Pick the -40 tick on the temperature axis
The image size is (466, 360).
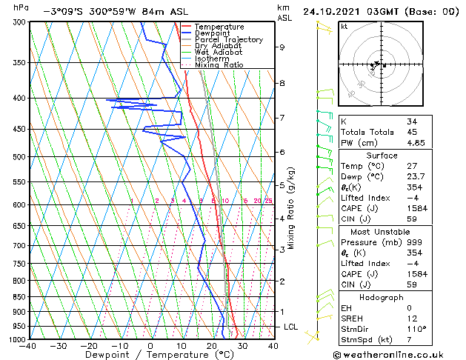tap(29, 345)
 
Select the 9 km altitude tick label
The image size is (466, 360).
tap(282, 47)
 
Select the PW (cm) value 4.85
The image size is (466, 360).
tap(416, 143)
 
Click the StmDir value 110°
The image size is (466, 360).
tap(416, 329)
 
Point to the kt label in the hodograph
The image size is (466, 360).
tap(344, 26)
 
